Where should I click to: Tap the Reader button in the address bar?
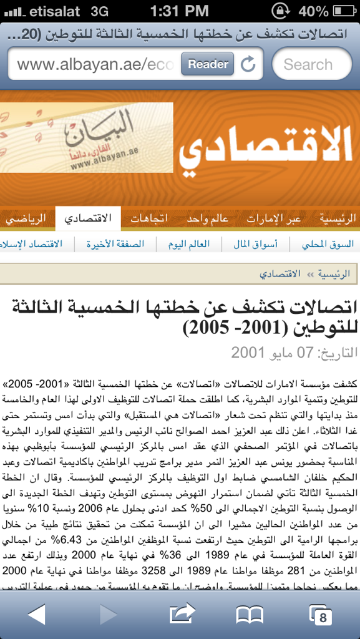208,64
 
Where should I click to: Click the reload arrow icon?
248,64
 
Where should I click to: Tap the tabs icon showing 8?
320,616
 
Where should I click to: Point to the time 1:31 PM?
180,11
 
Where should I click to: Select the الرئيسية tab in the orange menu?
337,219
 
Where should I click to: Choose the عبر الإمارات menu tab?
274,219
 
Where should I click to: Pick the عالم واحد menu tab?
208,219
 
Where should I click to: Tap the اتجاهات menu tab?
148,219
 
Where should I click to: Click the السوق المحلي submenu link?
328,244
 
